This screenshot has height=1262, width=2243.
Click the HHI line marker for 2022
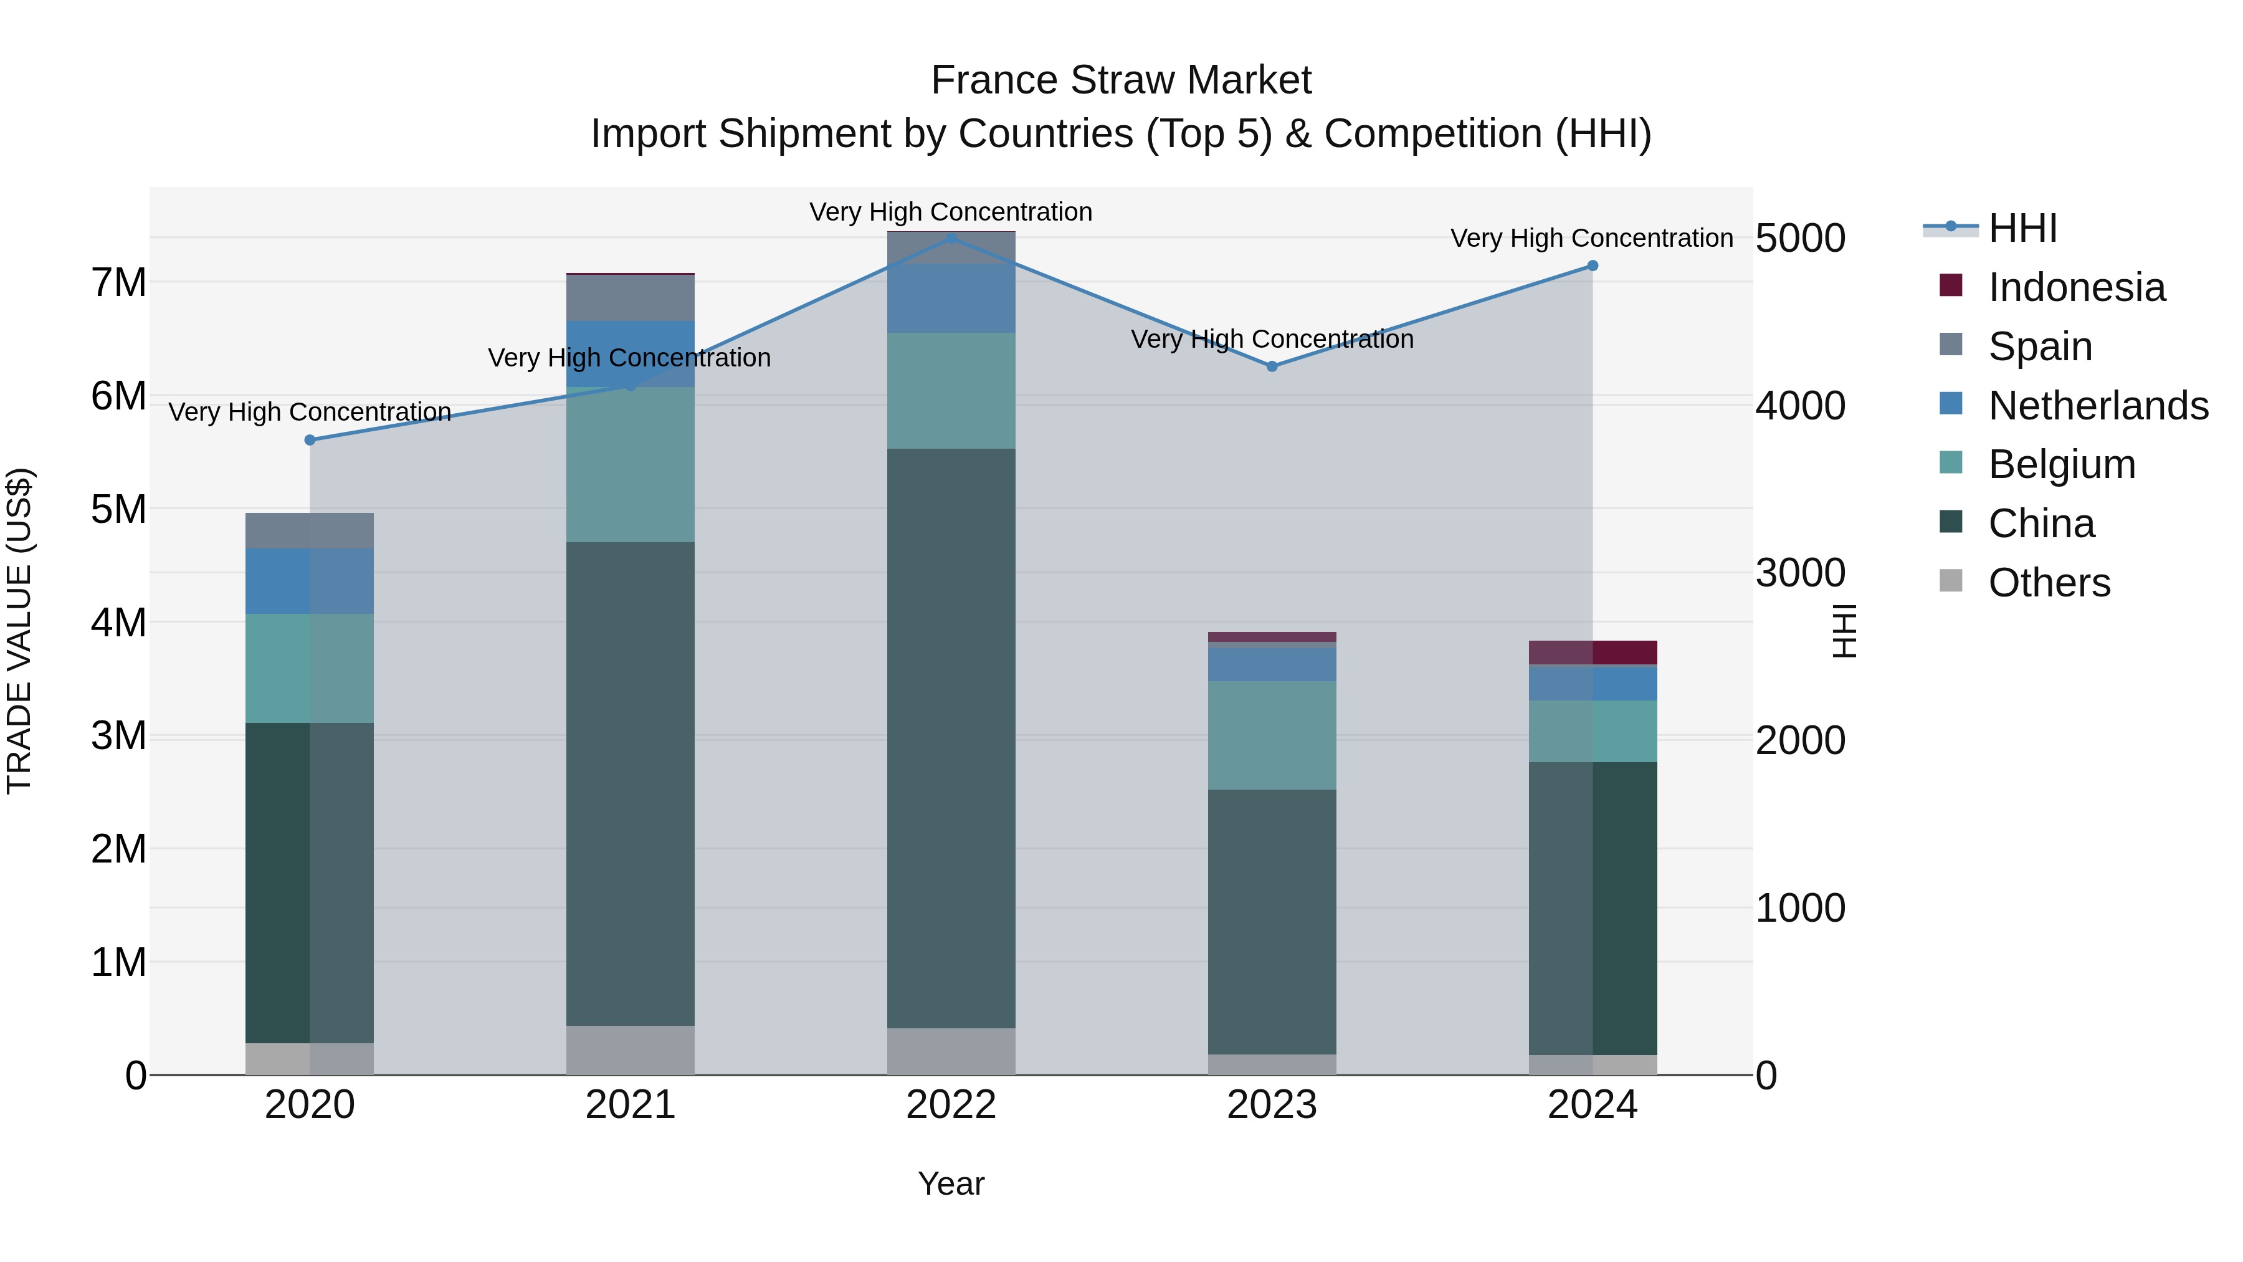pos(951,239)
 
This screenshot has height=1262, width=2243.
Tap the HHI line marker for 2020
pos(310,440)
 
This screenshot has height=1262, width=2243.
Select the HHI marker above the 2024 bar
pos(1593,265)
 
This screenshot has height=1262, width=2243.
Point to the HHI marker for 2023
pos(1272,366)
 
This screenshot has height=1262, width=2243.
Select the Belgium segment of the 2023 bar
pos(1272,735)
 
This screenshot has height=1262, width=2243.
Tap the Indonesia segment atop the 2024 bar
pos(1593,653)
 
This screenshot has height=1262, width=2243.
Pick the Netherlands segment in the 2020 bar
pos(310,581)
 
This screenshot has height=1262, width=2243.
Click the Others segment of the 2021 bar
pos(631,1050)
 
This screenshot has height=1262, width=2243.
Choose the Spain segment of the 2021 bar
pos(631,298)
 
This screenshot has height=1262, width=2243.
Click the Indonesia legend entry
pos(2076,287)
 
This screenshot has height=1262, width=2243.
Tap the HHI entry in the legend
pos(2022,228)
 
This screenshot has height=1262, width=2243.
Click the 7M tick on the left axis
pos(119,283)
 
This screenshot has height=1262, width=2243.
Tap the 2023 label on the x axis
pos(1272,1105)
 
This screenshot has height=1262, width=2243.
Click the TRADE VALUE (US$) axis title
pos(20,631)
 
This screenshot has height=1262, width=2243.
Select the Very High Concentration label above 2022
pos(951,212)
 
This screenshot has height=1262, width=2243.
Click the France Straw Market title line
pos(1121,80)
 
